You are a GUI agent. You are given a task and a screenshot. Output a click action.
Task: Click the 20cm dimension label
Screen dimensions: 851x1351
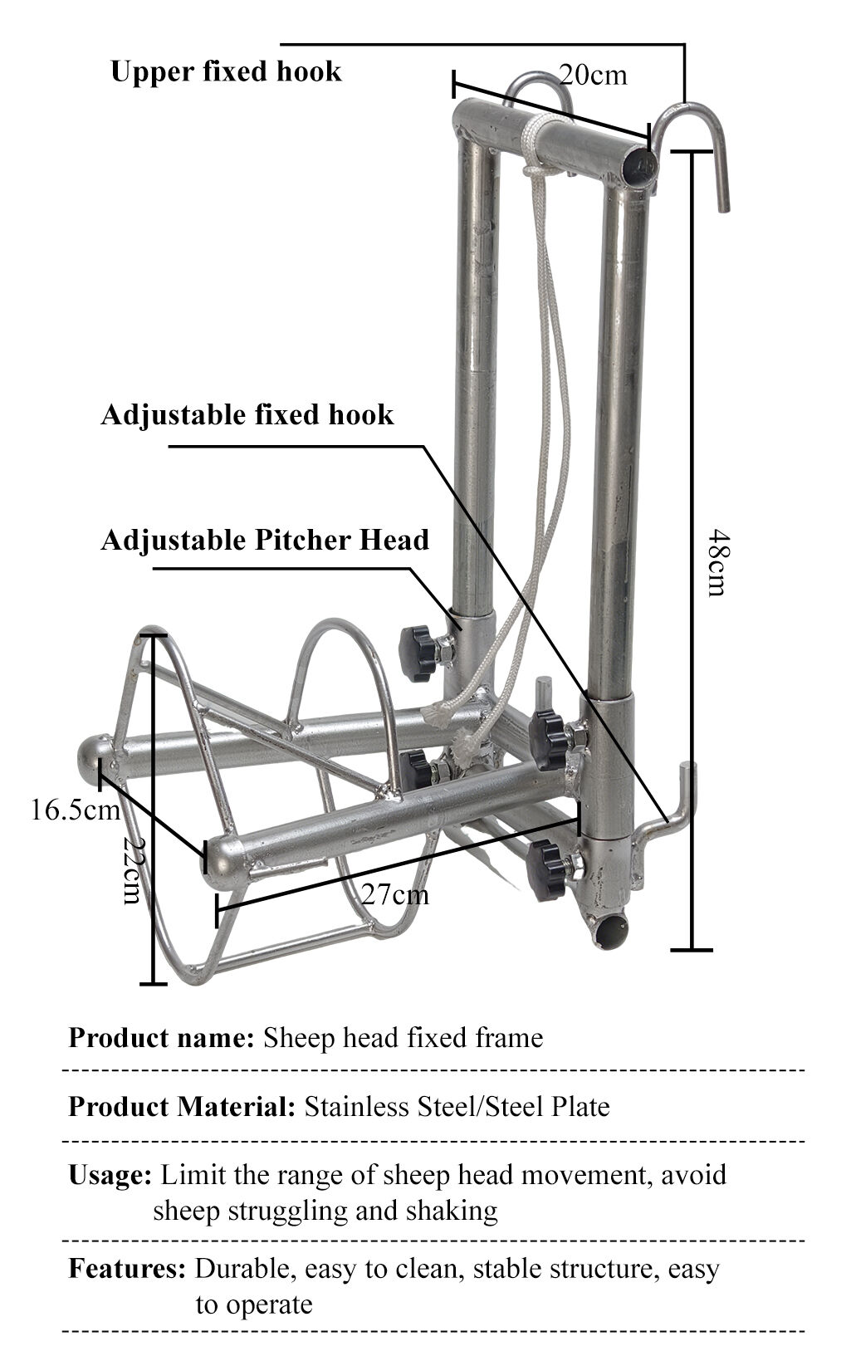[593, 76]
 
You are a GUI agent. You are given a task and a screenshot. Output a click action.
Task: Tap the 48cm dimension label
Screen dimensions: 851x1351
[719, 563]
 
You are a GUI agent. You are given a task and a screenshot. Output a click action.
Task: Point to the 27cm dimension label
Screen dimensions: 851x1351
[395, 893]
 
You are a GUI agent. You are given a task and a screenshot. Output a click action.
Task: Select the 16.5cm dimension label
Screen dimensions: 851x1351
[76, 810]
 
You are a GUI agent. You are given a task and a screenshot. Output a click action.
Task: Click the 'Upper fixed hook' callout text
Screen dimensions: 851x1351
[226, 71]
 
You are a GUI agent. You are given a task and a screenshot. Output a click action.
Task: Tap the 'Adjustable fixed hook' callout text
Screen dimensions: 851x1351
[247, 415]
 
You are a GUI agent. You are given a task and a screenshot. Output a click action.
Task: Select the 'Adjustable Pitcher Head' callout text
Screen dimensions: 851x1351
[265, 540]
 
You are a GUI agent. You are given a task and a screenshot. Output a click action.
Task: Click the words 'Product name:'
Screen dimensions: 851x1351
[161, 1039]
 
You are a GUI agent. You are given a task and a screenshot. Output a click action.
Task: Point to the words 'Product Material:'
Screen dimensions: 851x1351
[182, 1107]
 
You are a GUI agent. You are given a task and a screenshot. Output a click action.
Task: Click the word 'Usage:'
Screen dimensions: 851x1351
[110, 1176]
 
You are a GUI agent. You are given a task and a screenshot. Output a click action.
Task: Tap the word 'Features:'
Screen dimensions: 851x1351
[127, 1269]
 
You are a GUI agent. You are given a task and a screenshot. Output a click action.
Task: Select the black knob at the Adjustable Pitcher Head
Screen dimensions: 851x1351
[419, 653]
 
